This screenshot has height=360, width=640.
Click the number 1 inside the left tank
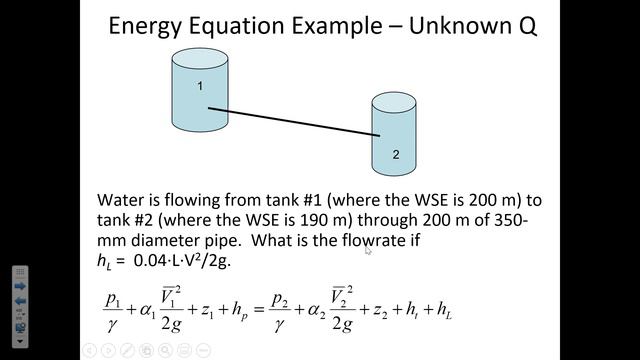pyautogui.click(x=200, y=86)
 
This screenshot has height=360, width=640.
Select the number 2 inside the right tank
pyautogui.click(x=396, y=155)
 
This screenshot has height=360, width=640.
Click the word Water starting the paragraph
pyautogui.click(x=123, y=199)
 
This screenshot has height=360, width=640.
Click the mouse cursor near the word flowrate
pyautogui.click(x=367, y=250)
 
